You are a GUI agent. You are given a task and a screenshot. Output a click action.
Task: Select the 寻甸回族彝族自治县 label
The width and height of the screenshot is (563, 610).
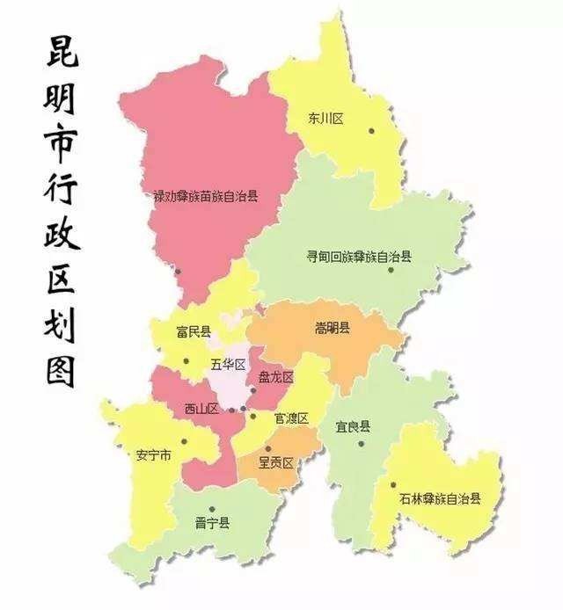358,257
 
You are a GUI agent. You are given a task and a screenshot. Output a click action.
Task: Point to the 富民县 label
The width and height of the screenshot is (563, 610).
194,331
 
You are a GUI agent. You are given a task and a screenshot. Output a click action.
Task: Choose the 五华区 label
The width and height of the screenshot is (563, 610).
226,364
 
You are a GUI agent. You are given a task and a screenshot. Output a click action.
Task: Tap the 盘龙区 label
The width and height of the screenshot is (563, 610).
274,377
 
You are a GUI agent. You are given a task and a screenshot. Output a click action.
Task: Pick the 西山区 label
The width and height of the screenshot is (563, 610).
201,408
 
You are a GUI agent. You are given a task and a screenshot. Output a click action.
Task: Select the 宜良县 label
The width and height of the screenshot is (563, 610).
353,427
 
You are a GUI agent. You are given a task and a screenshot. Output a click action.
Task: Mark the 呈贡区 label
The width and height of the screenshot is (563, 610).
274,461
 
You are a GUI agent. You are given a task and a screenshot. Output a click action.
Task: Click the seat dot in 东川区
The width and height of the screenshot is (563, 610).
371,131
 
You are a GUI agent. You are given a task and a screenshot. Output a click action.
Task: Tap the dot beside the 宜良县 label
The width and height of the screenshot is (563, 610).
361,443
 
